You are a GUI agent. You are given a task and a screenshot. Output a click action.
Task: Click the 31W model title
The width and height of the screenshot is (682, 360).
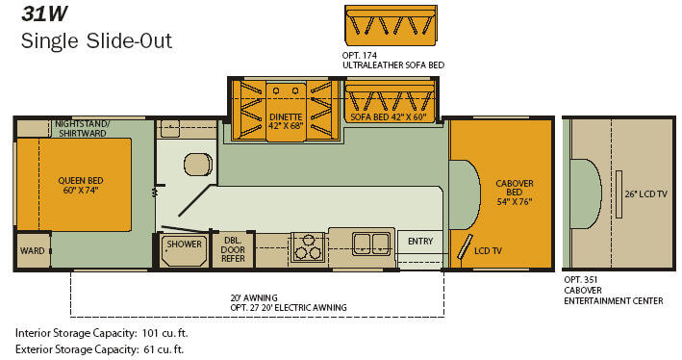(x=44, y=13)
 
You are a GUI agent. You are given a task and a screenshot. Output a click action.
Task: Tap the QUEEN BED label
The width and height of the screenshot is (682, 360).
(x=81, y=185)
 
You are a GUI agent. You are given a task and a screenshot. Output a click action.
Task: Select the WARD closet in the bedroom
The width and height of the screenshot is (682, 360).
(x=33, y=250)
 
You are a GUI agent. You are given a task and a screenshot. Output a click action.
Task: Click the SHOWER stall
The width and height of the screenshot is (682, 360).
(x=184, y=250)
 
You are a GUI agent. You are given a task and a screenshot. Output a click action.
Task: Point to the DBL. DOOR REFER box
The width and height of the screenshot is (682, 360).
(x=233, y=249)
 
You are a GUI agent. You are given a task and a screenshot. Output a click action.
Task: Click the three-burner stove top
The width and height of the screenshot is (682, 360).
(x=308, y=246)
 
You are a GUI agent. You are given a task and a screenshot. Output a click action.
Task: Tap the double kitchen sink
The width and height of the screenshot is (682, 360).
(x=371, y=244)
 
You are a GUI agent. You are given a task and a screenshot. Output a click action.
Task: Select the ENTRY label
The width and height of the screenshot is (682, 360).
(x=420, y=241)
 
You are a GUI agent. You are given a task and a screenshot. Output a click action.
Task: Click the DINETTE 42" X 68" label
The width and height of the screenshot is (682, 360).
(x=286, y=121)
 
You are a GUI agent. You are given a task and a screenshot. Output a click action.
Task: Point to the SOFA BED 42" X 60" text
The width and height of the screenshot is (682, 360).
(x=389, y=116)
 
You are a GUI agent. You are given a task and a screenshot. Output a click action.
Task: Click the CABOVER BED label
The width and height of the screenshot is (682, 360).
(x=514, y=192)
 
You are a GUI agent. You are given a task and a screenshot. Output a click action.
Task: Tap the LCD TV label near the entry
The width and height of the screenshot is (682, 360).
(x=488, y=250)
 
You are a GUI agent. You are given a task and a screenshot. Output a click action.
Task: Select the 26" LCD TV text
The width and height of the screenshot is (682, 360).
(x=645, y=194)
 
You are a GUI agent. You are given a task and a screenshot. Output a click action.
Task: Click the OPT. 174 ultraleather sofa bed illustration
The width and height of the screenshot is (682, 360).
(x=391, y=25)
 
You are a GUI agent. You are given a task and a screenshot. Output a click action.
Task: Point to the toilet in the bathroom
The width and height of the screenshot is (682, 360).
(x=198, y=165)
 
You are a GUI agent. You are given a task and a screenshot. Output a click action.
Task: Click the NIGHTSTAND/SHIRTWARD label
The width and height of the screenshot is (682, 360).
(x=82, y=128)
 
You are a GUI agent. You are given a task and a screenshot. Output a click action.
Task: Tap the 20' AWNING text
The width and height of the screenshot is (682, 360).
(x=254, y=297)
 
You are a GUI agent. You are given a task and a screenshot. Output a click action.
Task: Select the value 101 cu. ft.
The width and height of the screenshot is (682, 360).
(x=164, y=333)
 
